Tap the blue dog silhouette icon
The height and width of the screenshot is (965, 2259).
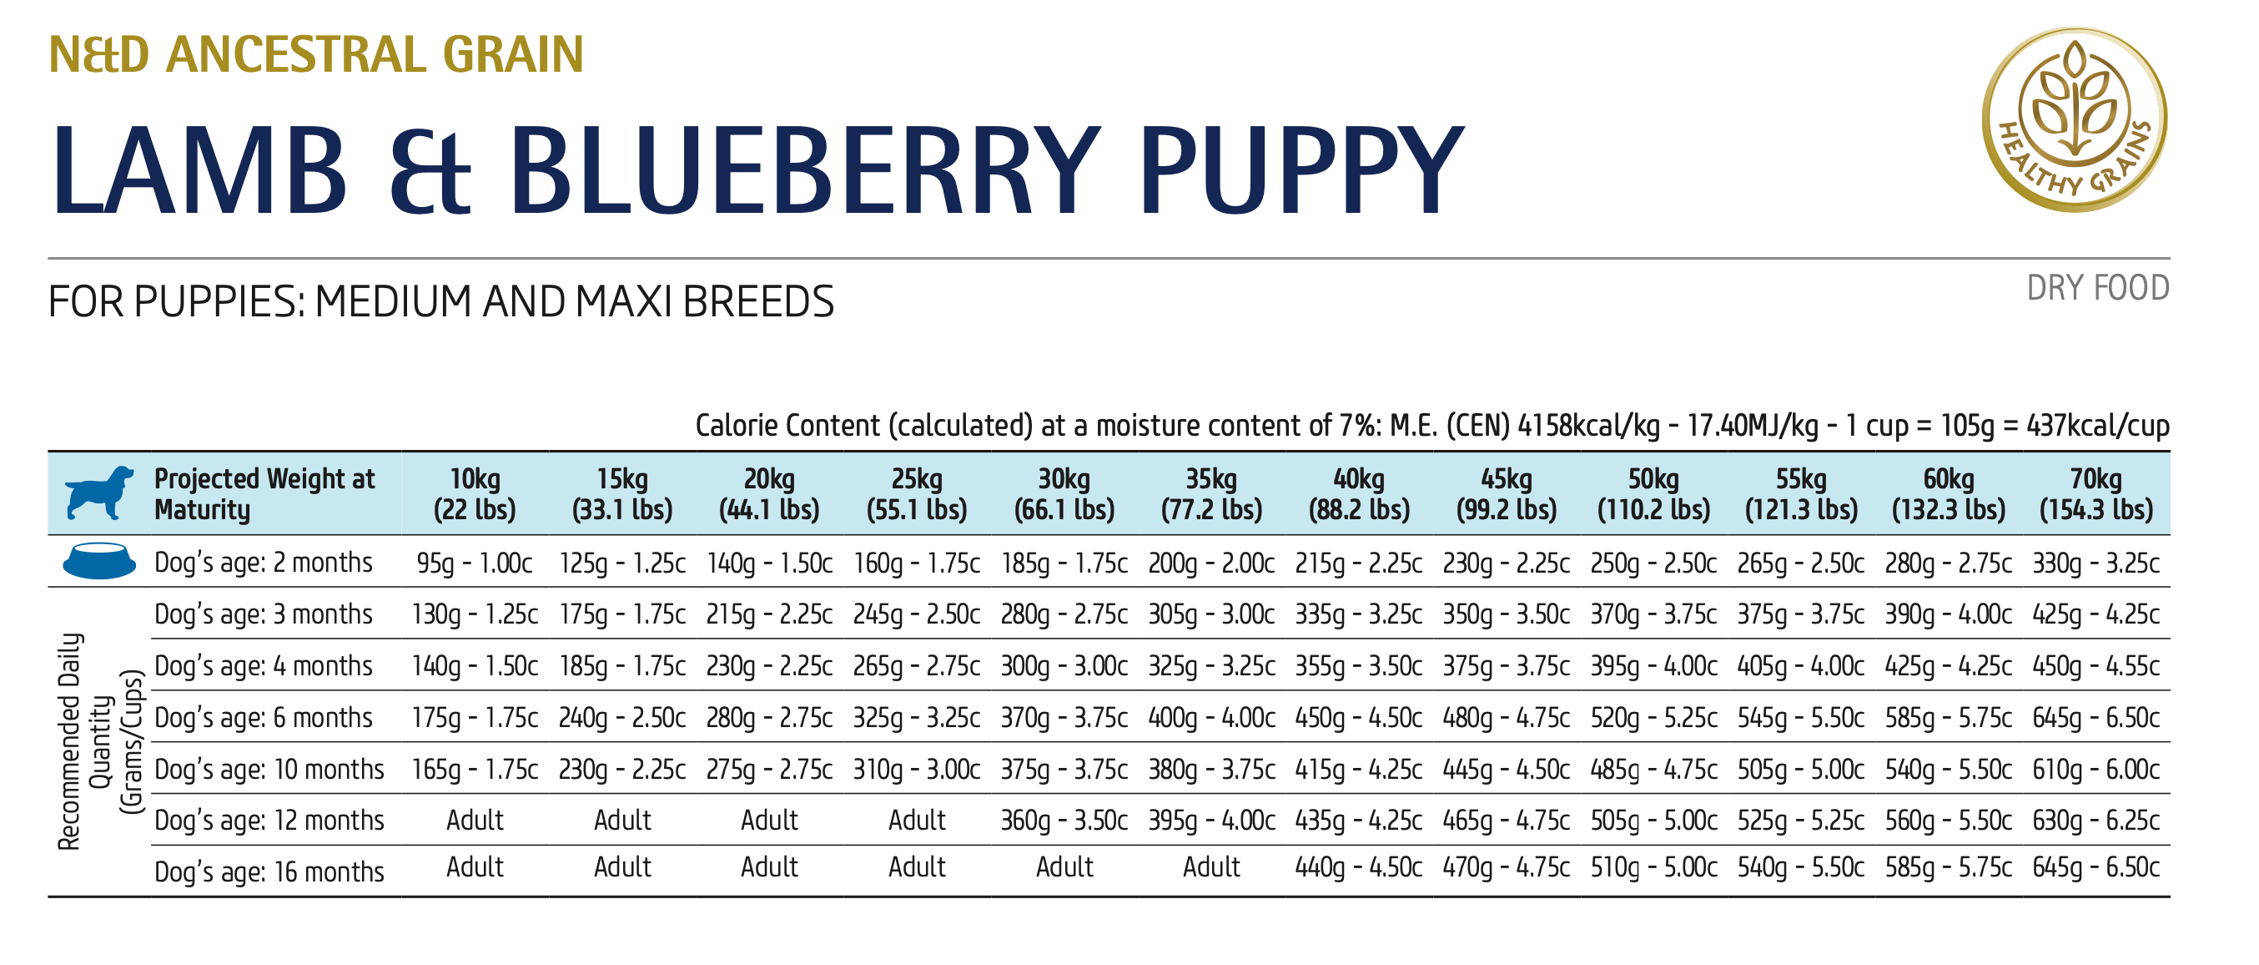[99, 493]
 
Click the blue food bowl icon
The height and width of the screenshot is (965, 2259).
[99, 562]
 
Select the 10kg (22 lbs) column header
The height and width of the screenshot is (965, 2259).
[475, 494]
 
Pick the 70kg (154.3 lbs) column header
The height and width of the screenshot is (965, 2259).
[2095, 494]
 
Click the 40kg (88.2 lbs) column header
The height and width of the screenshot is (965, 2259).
[1358, 494]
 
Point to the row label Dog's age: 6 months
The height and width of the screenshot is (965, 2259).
[263, 718]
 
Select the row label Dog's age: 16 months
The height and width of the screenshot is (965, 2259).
[269, 872]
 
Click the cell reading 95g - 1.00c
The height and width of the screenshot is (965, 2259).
[475, 563]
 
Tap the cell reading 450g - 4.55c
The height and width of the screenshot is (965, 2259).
[2095, 667]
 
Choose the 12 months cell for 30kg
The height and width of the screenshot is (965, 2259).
[1064, 821]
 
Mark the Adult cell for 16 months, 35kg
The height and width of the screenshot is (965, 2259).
[1211, 867]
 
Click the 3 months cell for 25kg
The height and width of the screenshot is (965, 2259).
[917, 615]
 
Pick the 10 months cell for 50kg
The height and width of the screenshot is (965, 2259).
[1653, 770]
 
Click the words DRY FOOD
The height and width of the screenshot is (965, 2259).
[2098, 289]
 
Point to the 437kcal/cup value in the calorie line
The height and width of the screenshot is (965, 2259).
[2098, 427]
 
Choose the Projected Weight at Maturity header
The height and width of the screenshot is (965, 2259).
[264, 494]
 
